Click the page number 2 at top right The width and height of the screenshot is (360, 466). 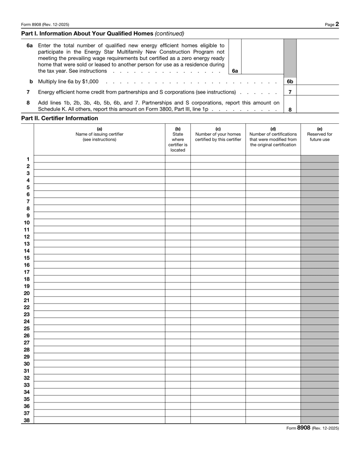tap(337, 24)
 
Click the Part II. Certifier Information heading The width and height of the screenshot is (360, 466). tap(59, 118)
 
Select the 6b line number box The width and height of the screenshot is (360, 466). tap(290, 81)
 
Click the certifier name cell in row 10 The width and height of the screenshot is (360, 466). tap(99, 222)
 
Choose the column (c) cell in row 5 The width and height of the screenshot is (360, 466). tap(218, 187)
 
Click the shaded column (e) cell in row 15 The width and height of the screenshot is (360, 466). tap(319, 258)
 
